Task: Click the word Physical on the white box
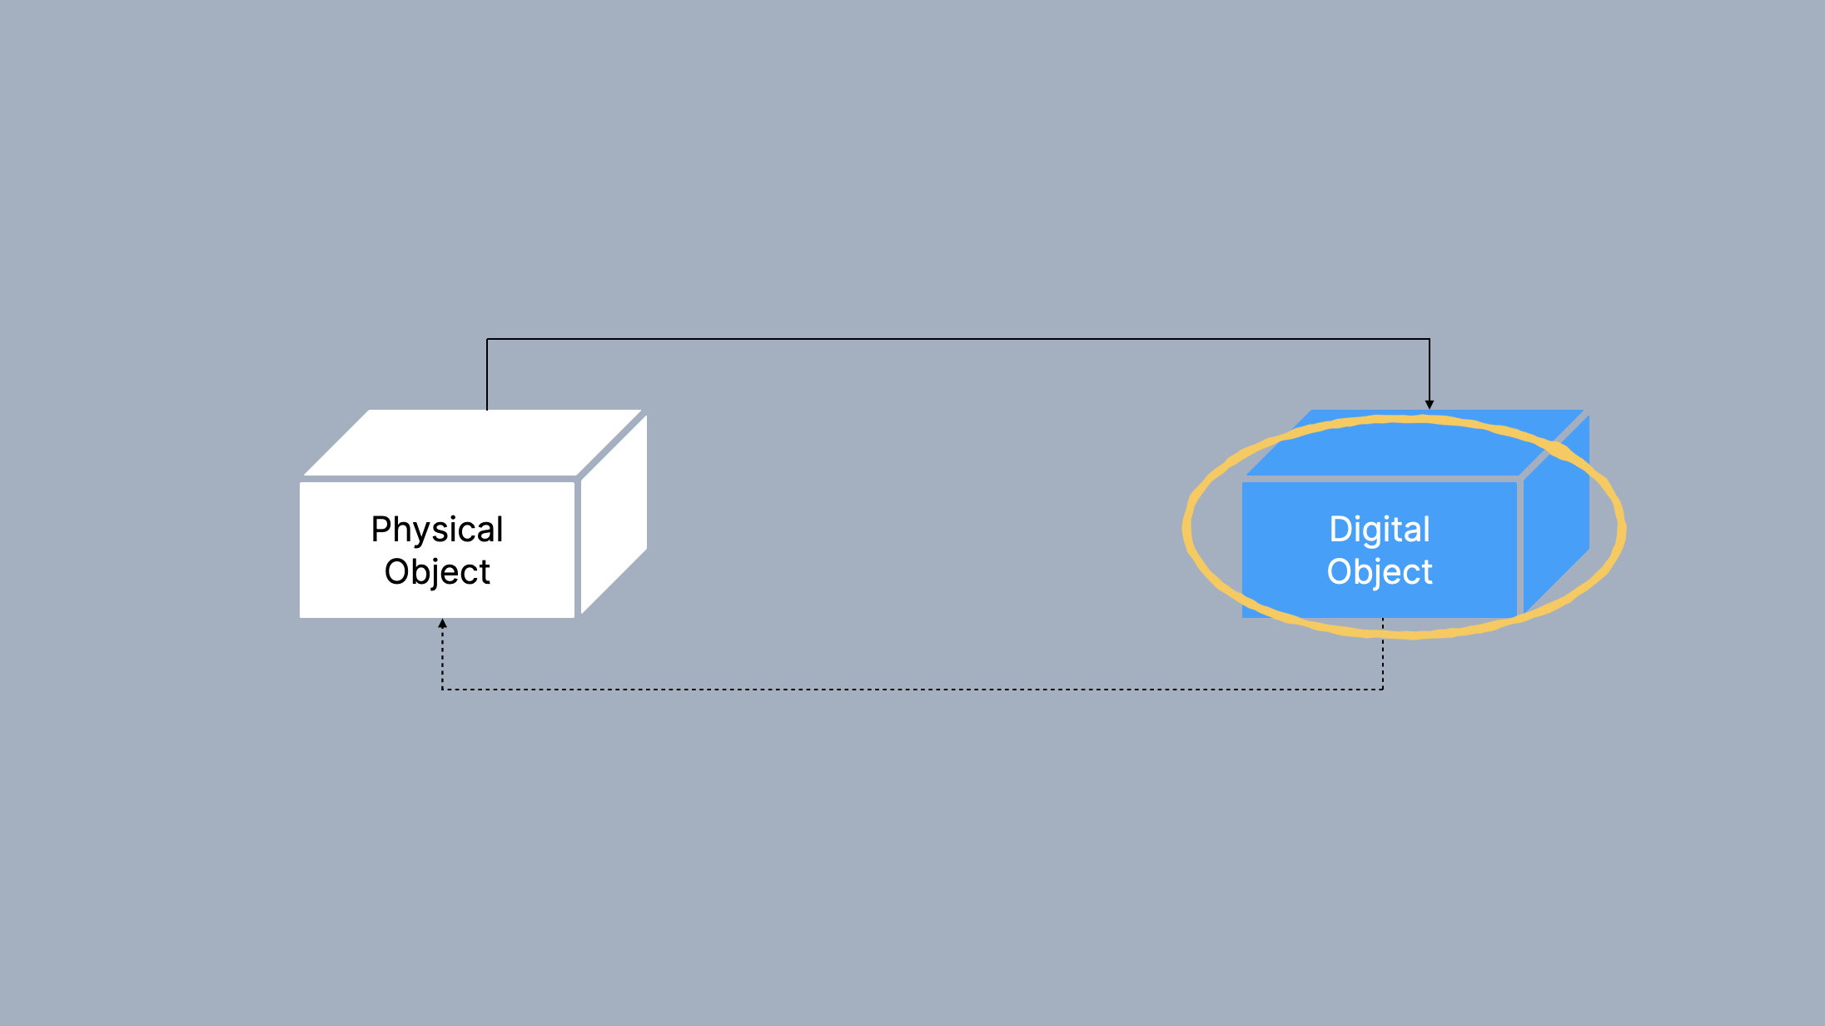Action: [x=437, y=530]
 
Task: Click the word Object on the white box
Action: [x=437, y=572]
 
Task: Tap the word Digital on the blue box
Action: [x=1380, y=530]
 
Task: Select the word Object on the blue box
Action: [x=1380, y=572]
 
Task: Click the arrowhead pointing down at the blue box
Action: [x=1430, y=405]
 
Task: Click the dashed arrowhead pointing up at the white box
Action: [x=442, y=623]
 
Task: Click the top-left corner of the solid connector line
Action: [x=487, y=339]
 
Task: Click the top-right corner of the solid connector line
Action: [x=1430, y=339]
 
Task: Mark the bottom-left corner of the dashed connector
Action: [x=442, y=690]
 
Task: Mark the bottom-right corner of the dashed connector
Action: [x=1383, y=690]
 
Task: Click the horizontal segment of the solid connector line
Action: [x=957, y=339]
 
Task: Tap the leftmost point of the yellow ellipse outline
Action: [x=1186, y=528]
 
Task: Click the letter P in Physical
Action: [x=380, y=530]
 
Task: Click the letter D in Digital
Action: [x=1339, y=530]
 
